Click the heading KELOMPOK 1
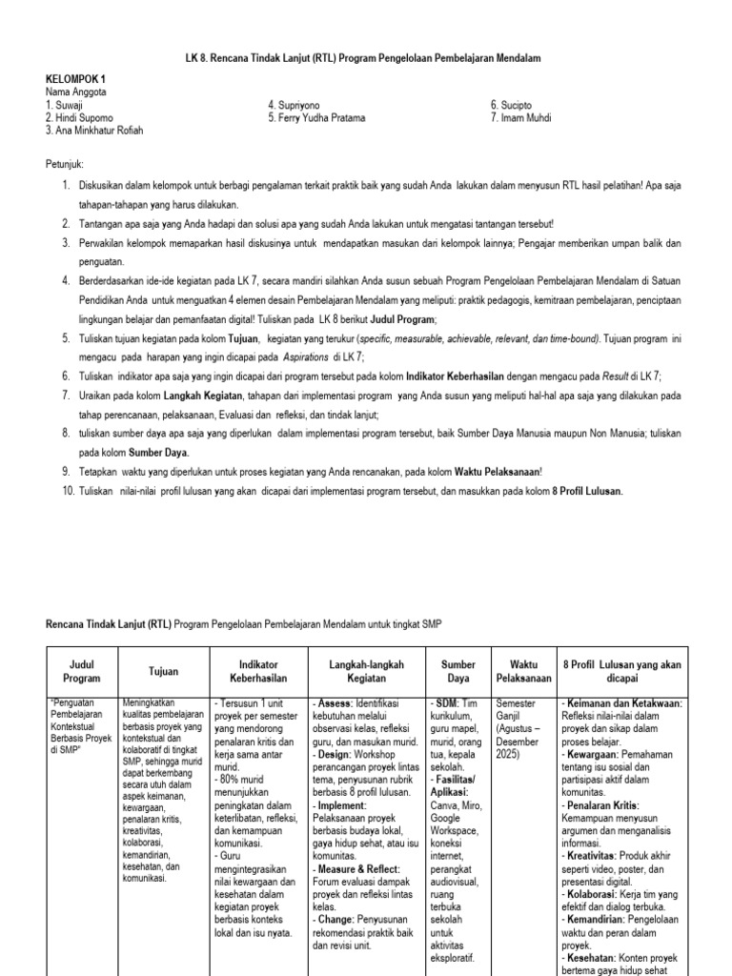(x=77, y=78)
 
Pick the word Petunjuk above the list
(x=66, y=164)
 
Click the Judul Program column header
(x=81, y=671)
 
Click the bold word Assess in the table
(x=334, y=702)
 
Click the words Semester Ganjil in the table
(x=517, y=709)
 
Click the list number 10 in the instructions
(x=68, y=491)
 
